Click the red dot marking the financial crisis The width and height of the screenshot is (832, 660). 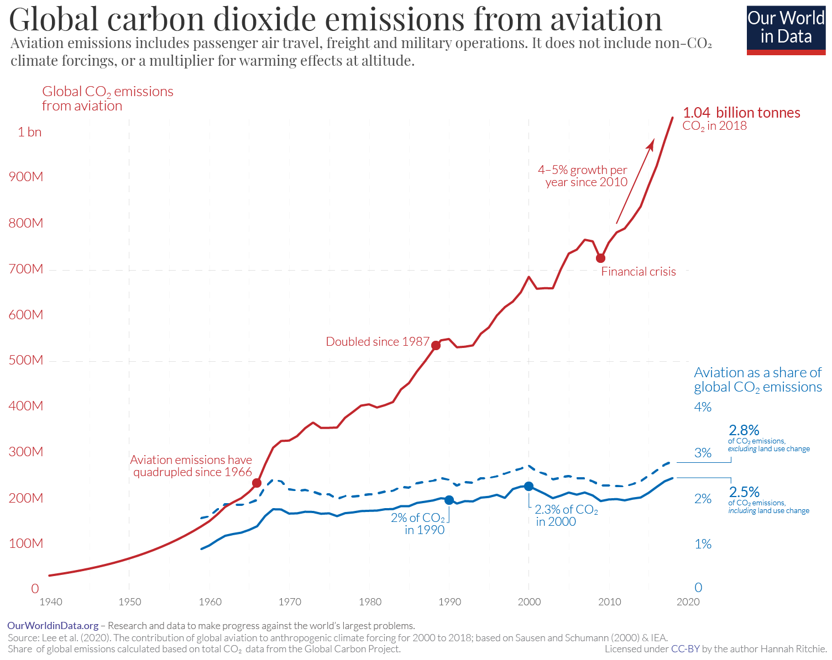tap(600, 258)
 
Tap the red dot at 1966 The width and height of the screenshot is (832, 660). tap(257, 483)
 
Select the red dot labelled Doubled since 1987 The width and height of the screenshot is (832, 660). tap(436, 345)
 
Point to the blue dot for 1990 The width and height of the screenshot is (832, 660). tap(449, 500)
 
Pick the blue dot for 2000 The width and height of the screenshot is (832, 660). tap(528, 486)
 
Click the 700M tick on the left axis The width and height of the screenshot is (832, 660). tap(25, 269)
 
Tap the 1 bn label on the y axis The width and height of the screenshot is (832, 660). tap(29, 132)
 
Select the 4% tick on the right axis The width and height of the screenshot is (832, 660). tap(703, 407)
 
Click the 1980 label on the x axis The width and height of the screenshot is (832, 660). tap(370, 601)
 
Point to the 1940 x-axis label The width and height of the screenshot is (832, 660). tap(51, 601)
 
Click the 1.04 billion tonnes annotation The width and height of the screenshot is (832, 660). tap(741, 113)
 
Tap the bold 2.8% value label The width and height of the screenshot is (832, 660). tap(744, 430)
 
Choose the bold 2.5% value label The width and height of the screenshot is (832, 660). tap(744, 492)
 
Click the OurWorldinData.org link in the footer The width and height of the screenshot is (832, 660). tap(53, 626)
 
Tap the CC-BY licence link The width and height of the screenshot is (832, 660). tap(685, 649)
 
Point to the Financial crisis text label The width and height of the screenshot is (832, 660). tap(639, 272)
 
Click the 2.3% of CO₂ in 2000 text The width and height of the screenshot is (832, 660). tap(566, 515)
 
